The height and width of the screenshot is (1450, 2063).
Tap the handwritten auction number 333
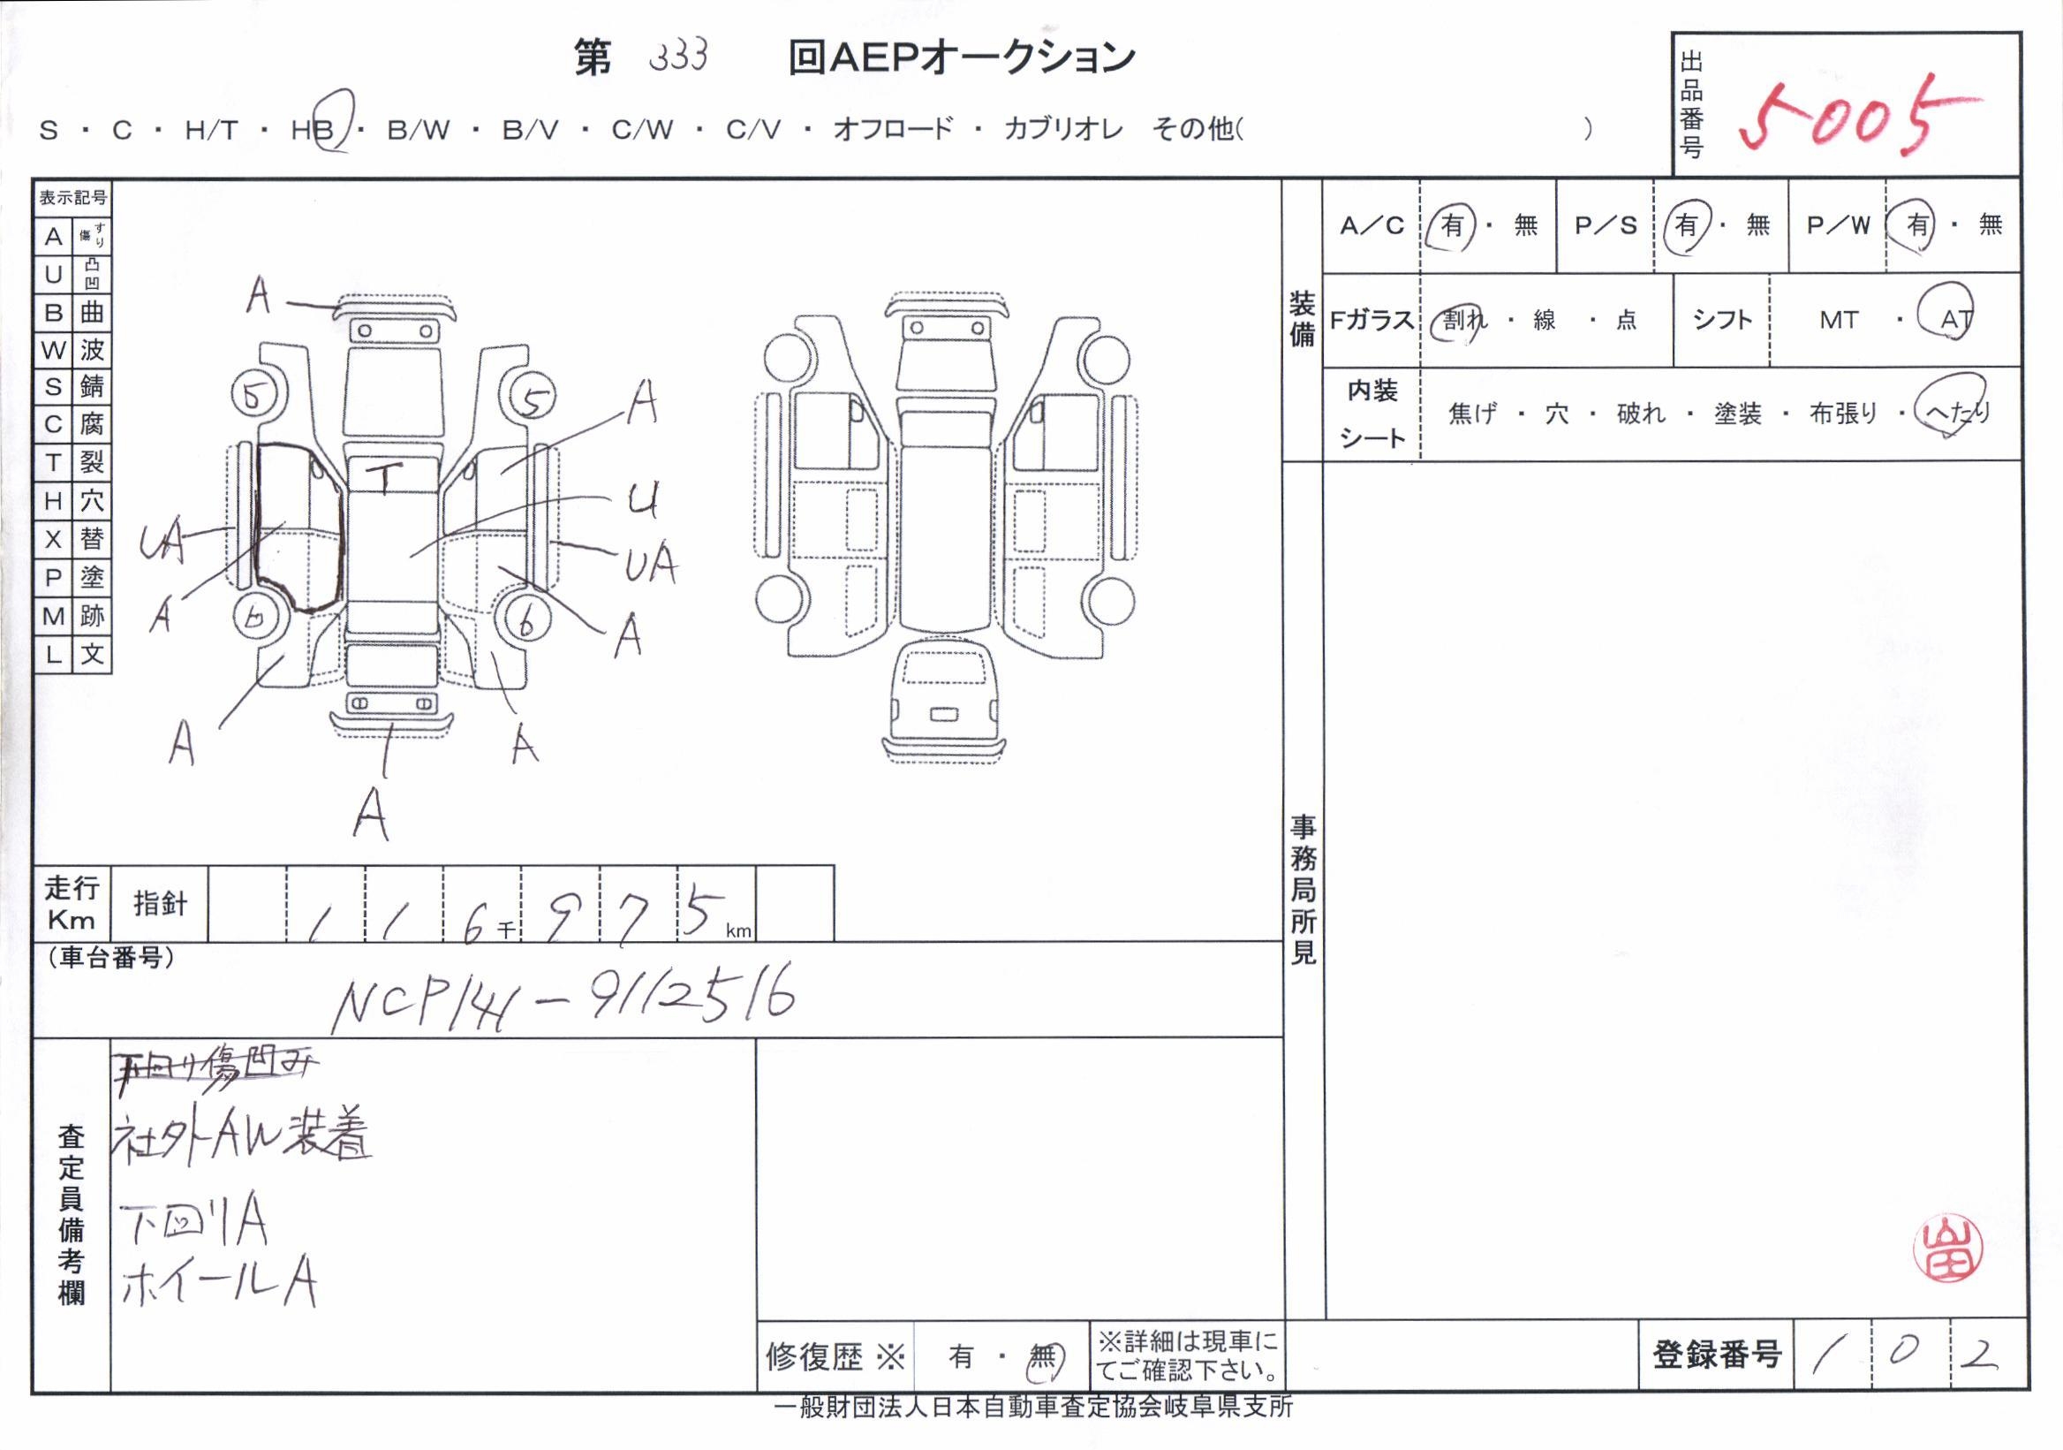point(678,57)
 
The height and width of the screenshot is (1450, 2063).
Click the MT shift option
point(1839,320)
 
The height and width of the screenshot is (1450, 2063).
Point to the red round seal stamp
point(1947,1249)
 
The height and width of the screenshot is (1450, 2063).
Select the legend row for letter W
point(72,350)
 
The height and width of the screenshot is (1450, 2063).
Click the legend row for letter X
point(72,539)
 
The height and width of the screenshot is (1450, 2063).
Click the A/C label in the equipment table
point(1372,225)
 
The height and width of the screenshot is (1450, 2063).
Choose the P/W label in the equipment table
point(1839,225)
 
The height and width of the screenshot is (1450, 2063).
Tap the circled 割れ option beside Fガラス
point(1464,320)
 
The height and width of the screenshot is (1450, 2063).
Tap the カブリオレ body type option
point(1063,129)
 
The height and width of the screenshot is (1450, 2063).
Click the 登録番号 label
point(1715,1355)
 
